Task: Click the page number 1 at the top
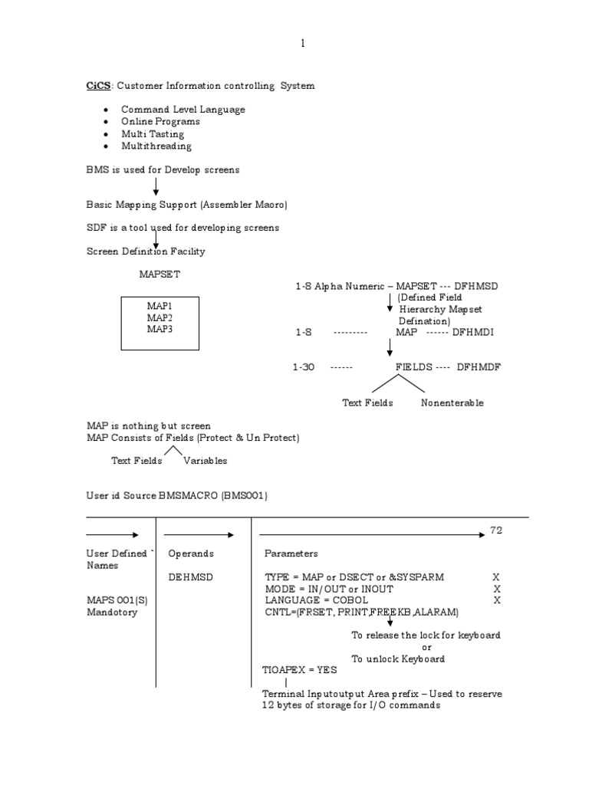tap(302, 44)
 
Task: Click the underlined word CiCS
tap(98, 86)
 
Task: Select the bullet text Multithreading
tap(156, 146)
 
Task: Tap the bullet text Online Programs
tap(160, 121)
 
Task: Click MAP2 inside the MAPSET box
tap(160, 317)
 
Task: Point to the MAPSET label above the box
tap(160, 273)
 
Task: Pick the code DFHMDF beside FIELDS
tap(479, 367)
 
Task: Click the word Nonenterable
tap(452, 402)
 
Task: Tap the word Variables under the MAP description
tap(205, 461)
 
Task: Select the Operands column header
tap(191, 553)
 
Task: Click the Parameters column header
tap(291, 553)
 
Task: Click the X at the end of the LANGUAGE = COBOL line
tap(497, 600)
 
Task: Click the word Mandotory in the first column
tap(112, 613)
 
